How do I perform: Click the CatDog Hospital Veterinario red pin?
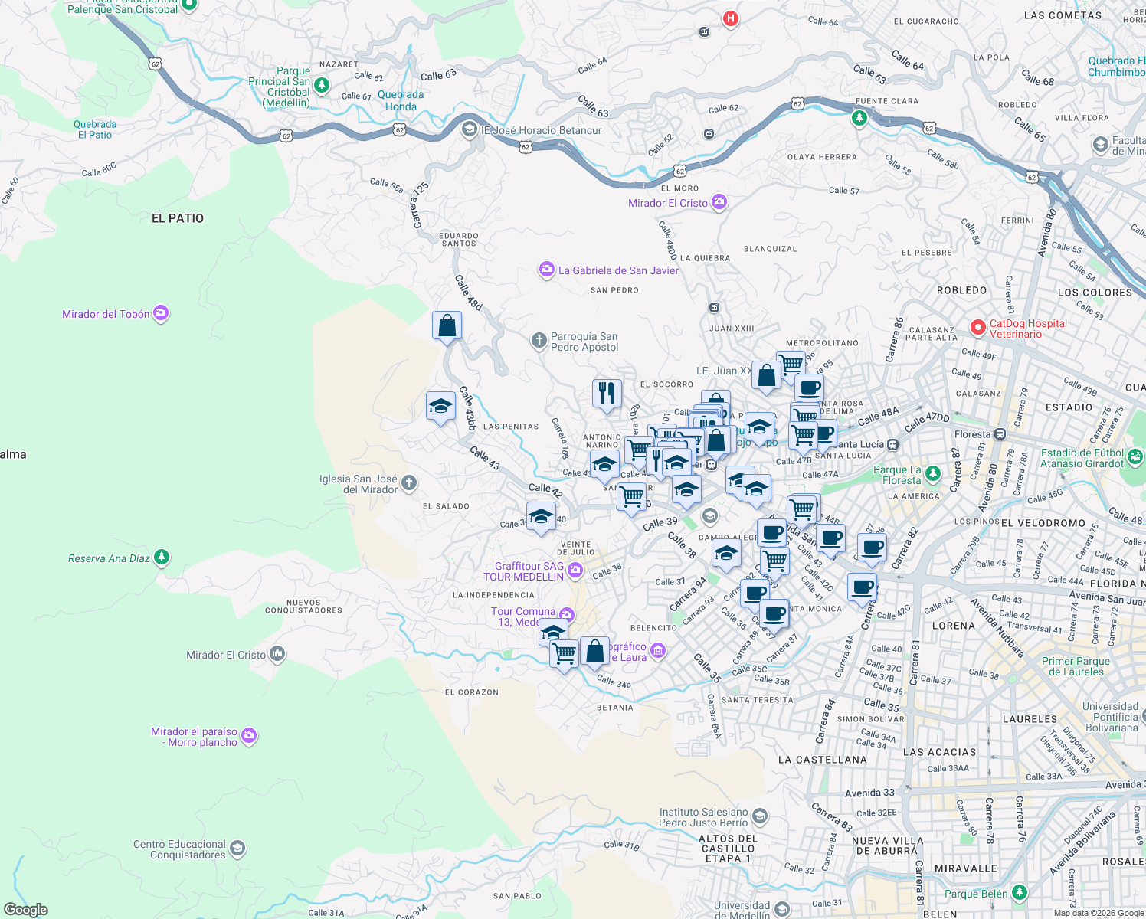click(x=977, y=328)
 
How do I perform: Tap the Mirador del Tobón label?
click(x=106, y=314)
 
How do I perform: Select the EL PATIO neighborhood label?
click(x=178, y=218)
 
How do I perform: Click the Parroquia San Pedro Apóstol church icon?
click(x=539, y=340)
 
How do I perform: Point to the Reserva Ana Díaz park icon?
click(x=162, y=557)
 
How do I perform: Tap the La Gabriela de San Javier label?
click(x=618, y=270)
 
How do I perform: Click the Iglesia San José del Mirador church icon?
click(x=409, y=482)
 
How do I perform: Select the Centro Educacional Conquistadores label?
click(x=179, y=849)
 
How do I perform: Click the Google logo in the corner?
click(x=26, y=910)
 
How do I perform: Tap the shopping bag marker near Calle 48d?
click(x=447, y=326)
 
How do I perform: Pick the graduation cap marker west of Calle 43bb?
click(x=440, y=406)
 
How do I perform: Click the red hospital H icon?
click(x=731, y=18)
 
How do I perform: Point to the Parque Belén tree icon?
click(x=1019, y=892)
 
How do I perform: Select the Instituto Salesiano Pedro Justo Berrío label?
click(x=703, y=817)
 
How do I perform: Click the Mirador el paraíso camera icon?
click(x=249, y=736)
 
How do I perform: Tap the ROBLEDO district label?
click(x=961, y=290)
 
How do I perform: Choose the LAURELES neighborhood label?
click(x=1030, y=719)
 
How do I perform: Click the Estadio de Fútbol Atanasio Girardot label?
click(x=1082, y=458)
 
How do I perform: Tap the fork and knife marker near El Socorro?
click(x=607, y=394)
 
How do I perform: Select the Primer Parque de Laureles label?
click(x=1076, y=666)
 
